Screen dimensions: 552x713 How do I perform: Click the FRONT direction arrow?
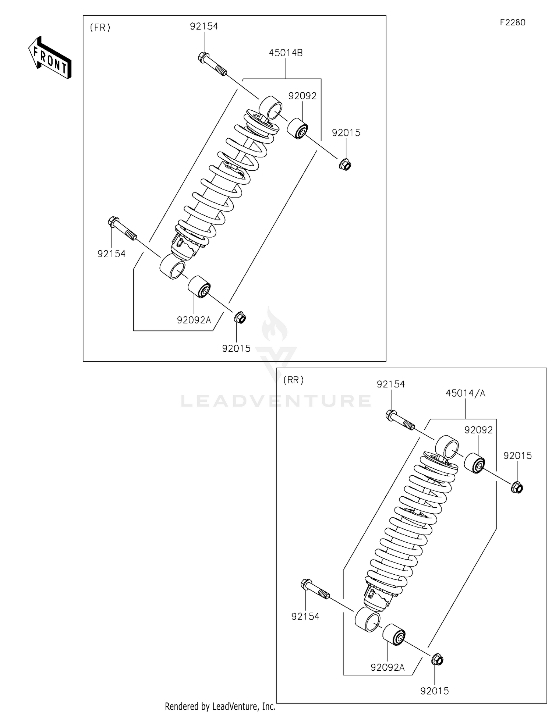coord(50,58)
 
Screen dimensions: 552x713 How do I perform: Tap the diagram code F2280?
coord(512,22)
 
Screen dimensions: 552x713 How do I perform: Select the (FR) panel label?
coord(100,28)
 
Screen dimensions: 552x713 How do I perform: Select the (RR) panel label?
coord(293,380)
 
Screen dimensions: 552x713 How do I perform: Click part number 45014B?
coord(286,53)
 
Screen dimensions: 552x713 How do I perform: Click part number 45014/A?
coord(466,393)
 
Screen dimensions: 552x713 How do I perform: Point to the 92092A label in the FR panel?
coord(194,320)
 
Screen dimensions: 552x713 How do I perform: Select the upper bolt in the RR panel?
coord(400,421)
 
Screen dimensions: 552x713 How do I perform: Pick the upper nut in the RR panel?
coord(517,488)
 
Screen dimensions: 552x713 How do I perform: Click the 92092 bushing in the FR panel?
coord(297,128)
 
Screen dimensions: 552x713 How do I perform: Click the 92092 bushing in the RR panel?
coord(474,464)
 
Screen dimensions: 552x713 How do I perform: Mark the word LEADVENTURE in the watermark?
coord(276,401)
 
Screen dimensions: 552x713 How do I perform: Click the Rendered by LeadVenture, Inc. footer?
coord(220,706)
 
